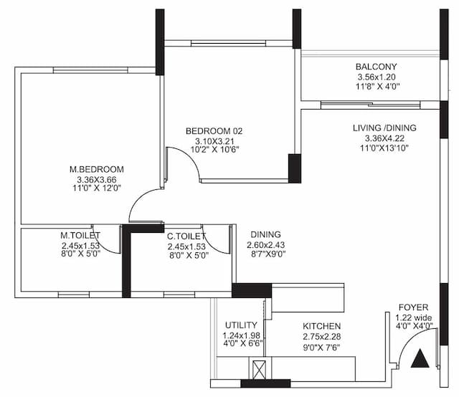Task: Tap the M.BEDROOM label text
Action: tap(88, 169)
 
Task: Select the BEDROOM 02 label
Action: tap(214, 131)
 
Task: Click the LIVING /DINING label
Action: tap(384, 128)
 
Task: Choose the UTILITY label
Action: tap(241, 325)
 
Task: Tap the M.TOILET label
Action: tap(80, 235)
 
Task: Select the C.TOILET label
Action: tap(186, 235)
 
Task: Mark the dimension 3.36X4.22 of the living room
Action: tap(384, 138)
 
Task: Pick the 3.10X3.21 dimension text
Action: tap(214, 141)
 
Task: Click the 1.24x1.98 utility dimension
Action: tap(241, 335)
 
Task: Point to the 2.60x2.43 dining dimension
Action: tap(265, 244)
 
